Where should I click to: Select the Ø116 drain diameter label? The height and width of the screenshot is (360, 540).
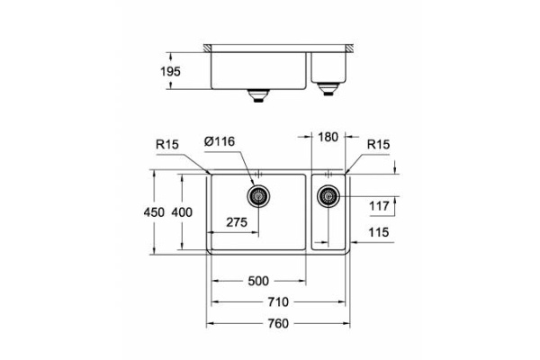220,142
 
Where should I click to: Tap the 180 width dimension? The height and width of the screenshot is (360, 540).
328,138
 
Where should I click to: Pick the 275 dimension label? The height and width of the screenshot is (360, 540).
238,221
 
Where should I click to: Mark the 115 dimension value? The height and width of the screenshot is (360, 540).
379,233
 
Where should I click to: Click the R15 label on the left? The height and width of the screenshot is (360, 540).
167,142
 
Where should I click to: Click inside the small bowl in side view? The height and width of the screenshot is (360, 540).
329,67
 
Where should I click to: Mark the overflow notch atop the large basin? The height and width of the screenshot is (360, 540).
259,173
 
